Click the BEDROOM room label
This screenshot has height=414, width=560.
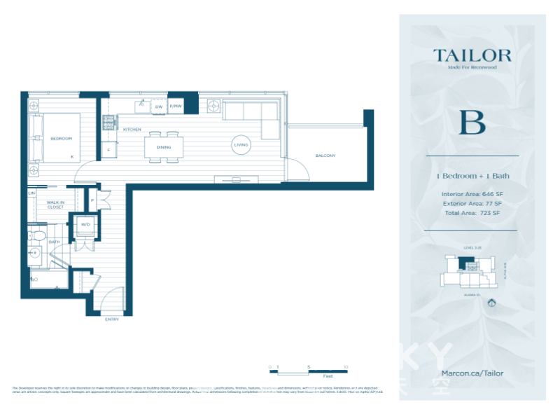tap(62, 139)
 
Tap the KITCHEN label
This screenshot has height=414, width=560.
tap(132, 130)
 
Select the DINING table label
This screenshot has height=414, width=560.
tap(164, 147)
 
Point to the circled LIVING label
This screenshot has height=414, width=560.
tap(241, 145)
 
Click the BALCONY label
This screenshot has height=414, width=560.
tap(325, 156)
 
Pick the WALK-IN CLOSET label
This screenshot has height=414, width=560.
tap(55, 204)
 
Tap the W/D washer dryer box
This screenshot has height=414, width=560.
tap(85, 225)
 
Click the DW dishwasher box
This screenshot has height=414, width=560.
tap(159, 106)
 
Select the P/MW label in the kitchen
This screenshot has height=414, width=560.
tap(175, 106)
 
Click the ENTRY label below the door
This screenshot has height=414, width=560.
tap(111, 319)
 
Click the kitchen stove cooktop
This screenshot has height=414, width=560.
tap(109, 123)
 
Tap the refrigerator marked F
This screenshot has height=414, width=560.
tap(108, 151)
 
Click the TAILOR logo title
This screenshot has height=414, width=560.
tap(472, 55)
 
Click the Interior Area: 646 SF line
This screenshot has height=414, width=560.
tap(471, 193)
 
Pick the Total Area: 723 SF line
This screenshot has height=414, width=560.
tap(471, 213)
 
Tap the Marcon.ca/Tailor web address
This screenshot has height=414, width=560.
tap(472, 373)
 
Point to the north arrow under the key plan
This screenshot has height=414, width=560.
tap(491, 303)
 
